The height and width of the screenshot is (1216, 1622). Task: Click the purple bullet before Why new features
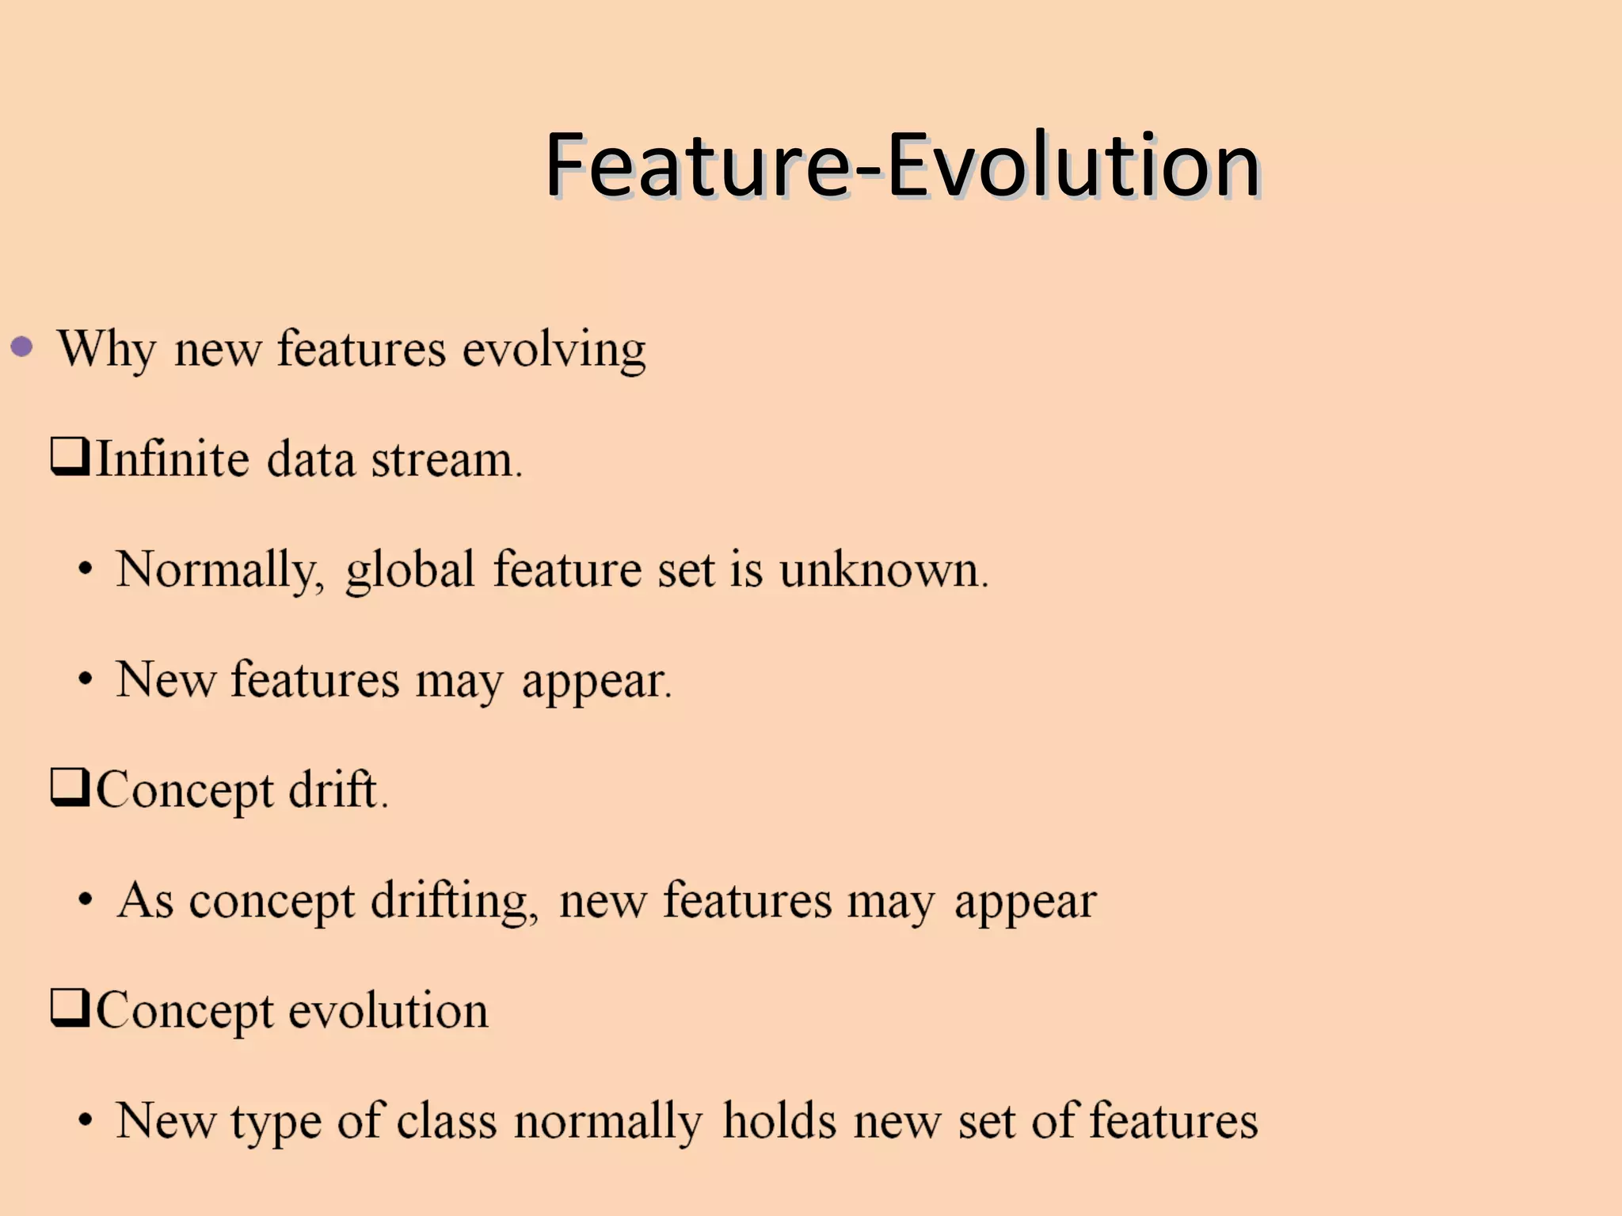tap(22, 347)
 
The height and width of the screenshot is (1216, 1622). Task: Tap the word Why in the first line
tap(106, 348)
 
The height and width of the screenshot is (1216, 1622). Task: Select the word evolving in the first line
tap(554, 350)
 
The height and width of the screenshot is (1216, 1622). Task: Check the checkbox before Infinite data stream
tap(70, 457)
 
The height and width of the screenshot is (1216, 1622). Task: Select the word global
tap(409, 570)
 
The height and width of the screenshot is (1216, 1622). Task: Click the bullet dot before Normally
tap(86, 570)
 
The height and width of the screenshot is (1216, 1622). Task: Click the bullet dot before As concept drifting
tap(86, 900)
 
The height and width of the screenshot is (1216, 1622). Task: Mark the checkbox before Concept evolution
tap(70, 1008)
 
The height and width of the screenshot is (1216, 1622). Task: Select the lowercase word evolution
tap(388, 1011)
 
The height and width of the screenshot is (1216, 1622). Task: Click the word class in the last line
tap(446, 1121)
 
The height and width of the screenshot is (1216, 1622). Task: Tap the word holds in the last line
tap(779, 1121)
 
